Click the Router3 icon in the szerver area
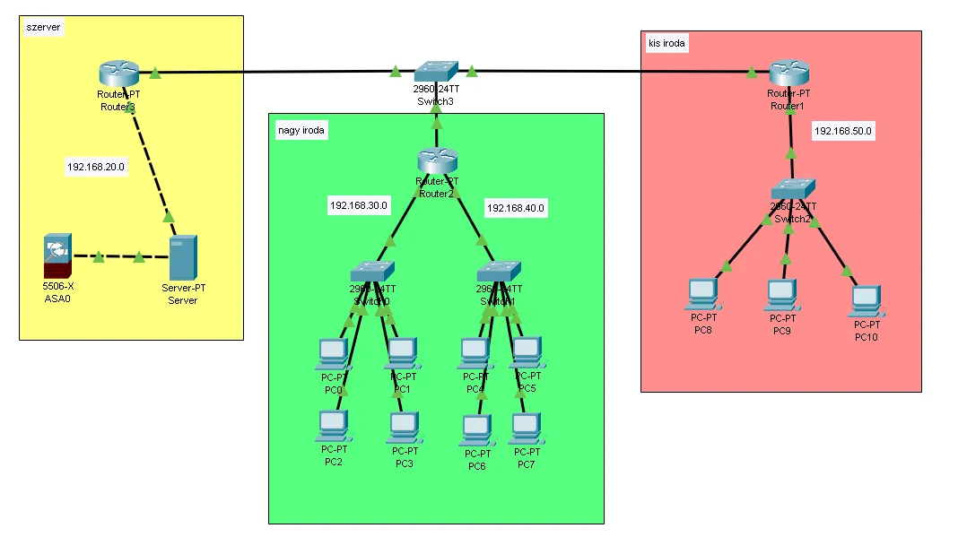click(x=118, y=73)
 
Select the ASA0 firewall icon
click(x=56, y=256)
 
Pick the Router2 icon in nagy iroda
click(x=437, y=162)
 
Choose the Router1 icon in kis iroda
click(x=789, y=73)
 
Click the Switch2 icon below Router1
click(x=793, y=188)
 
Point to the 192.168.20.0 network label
click(x=96, y=167)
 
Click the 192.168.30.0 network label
click(x=359, y=205)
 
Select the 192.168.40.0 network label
click(x=516, y=208)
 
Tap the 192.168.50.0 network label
click(x=843, y=131)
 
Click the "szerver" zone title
click(x=44, y=28)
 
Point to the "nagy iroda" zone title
click(x=302, y=131)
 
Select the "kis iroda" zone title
click(x=665, y=42)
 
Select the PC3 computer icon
click(x=405, y=427)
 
